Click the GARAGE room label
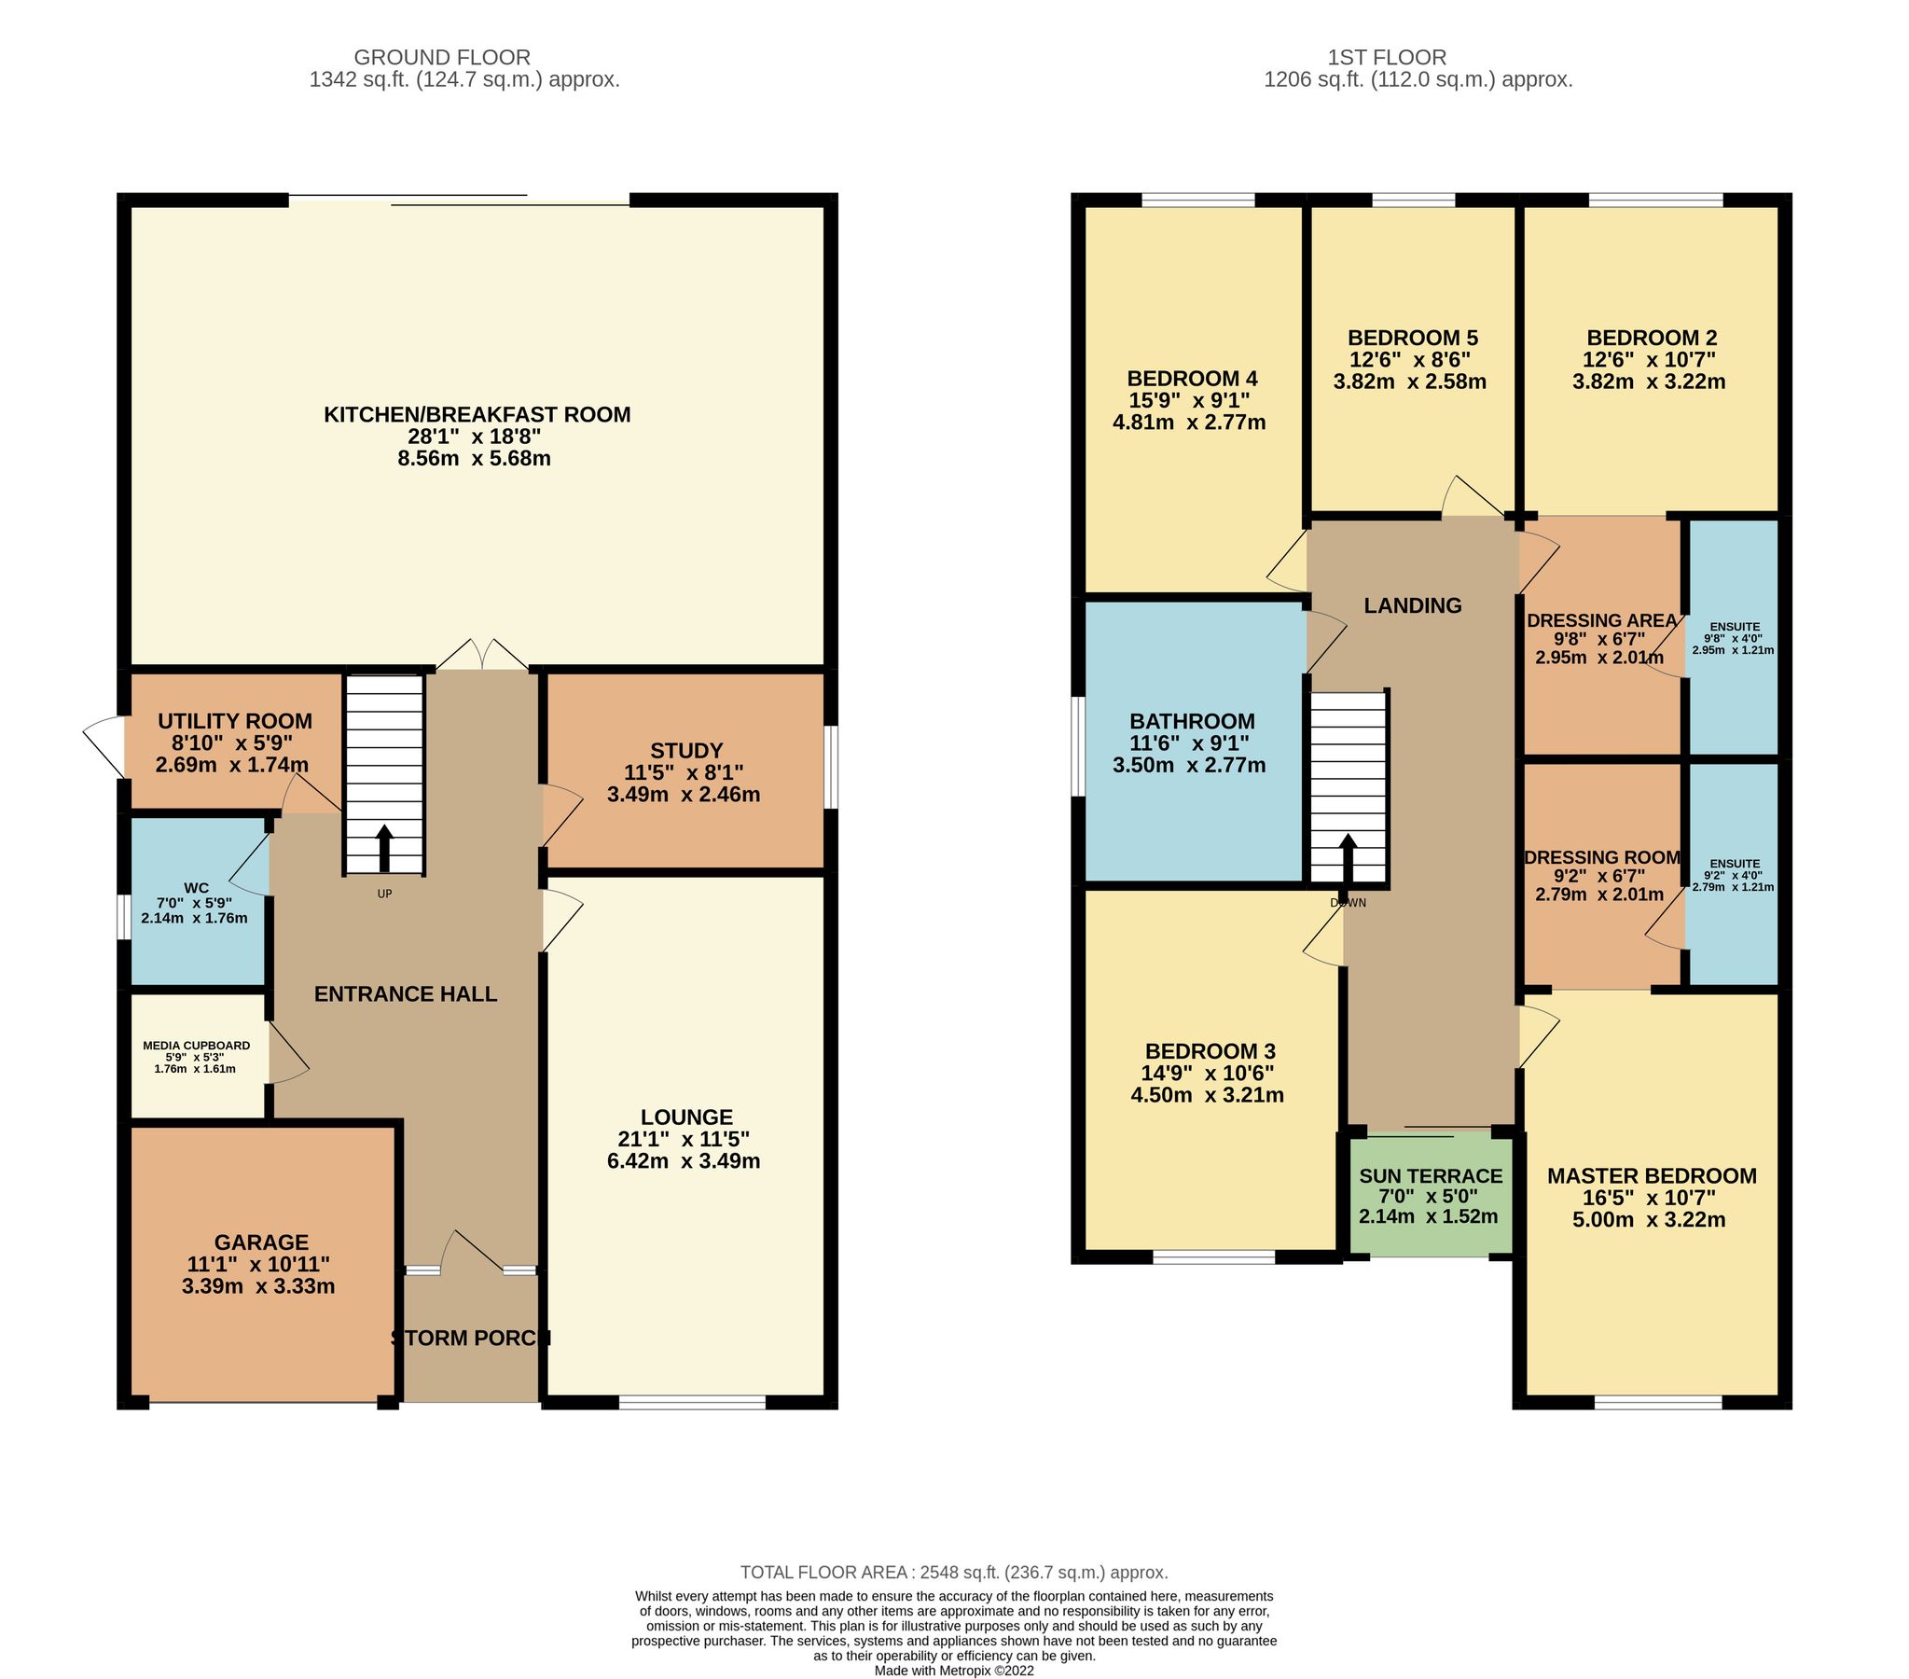260,1242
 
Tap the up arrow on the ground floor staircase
384,849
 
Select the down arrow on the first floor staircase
1348,858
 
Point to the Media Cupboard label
196,1046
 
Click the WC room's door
250,865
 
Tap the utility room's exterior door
103,746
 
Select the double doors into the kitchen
482,656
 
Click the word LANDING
1412,605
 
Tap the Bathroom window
1077,746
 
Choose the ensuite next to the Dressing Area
1734,637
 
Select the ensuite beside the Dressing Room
1734,875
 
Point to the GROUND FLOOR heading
442,57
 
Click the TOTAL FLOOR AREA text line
953,1573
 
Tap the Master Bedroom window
1657,1403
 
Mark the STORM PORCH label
470,1338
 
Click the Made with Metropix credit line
953,1671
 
